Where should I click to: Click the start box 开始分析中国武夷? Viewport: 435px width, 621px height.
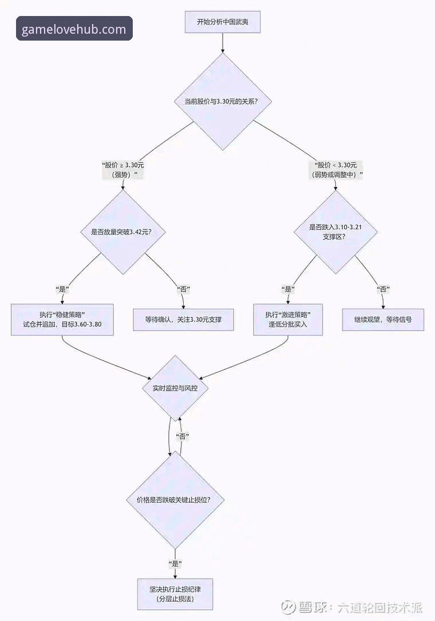pos(223,22)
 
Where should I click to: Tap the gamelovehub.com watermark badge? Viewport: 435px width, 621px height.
pos(74,29)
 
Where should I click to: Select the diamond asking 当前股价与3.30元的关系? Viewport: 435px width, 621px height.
pos(223,102)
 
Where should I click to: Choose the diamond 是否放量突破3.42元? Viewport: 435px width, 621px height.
pos(121,232)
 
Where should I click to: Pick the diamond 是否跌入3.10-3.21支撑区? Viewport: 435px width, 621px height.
pos(336,232)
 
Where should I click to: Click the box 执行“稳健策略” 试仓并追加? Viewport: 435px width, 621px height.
pos(62,319)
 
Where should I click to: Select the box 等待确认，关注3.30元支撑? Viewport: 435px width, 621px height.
pos(184,319)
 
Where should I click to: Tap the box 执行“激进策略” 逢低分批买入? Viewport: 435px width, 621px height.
pos(288,319)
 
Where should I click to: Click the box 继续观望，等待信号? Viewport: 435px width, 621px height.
pos(383,319)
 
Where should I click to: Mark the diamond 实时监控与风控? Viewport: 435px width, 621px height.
pos(175,388)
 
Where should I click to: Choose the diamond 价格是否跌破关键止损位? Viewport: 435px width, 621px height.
pos(176,499)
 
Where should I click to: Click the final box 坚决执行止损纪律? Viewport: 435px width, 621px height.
pos(176,594)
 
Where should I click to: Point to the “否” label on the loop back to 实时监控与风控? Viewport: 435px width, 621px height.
pos(183,436)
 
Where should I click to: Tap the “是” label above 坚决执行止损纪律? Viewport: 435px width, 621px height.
pos(176,563)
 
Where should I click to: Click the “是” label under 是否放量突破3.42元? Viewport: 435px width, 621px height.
pos(62,289)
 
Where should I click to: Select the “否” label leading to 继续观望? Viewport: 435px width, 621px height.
pos(383,289)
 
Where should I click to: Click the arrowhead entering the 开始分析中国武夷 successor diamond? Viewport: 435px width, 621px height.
pos(223,50)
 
